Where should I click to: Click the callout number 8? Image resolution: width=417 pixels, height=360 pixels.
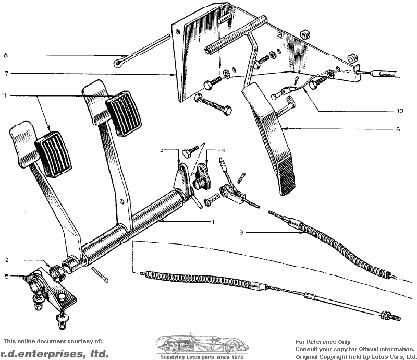click(x=6, y=55)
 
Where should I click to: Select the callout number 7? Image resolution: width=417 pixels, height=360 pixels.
click(x=6, y=74)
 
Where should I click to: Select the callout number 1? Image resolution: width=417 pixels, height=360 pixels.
click(x=213, y=222)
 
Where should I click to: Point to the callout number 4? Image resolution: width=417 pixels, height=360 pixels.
click(x=223, y=150)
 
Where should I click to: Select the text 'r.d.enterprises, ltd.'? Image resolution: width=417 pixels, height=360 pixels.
click(x=54, y=353)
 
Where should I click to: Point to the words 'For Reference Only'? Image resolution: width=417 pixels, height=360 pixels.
click(x=323, y=342)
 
